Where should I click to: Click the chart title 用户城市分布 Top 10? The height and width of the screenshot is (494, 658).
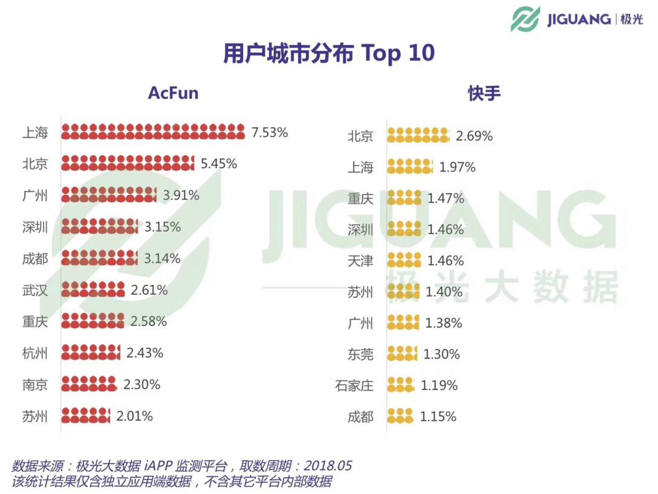[x=328, y=53]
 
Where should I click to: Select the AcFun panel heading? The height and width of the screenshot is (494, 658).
[x=173, y=93]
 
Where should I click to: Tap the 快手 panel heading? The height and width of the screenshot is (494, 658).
[x=484, y=93]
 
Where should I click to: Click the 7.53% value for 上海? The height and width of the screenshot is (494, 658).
[x=270, y=132]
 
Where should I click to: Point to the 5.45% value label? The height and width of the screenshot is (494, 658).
[x=218, y=163]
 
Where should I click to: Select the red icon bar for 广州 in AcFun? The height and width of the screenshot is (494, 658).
[x=109, y=195]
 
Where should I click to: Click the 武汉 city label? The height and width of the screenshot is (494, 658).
[x=35, y=290]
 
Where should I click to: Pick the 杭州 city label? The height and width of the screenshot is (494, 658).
[x=35, y=353]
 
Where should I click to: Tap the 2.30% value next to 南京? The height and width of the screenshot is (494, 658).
[x=142, y=384]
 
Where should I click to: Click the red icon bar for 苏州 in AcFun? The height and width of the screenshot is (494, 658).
[x=86, y=415]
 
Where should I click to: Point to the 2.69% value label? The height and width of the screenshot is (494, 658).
[x=474, y=136]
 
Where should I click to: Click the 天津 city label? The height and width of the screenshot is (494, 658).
[x=360, y=262]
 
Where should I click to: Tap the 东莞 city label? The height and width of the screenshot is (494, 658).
[x=360, y=355]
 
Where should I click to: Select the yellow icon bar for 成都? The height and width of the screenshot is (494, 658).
[x=400, y=416]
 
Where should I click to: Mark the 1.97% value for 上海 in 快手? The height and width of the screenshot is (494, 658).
[x=457, y=167]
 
